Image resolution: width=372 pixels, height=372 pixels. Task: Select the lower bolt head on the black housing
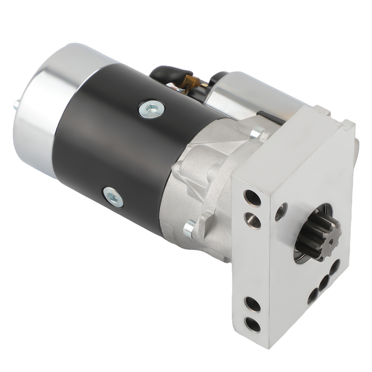113,197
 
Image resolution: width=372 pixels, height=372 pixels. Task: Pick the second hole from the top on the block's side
253,220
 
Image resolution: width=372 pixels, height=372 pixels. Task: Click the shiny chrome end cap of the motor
37,112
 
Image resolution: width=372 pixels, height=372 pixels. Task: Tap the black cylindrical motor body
119,149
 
